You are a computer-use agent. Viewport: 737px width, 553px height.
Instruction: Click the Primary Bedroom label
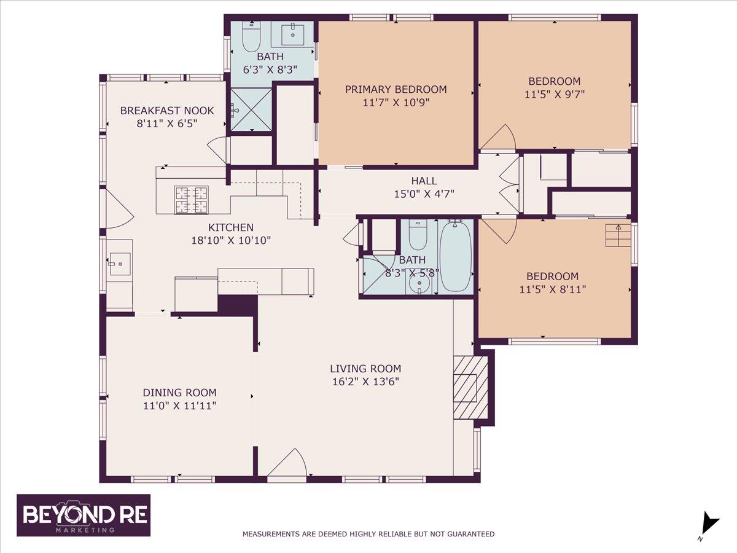(x=396, y=89)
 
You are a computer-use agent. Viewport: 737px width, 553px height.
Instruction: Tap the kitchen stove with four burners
(x=191, y=200)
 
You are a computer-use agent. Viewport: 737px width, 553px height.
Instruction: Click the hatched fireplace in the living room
(x=470, y=388)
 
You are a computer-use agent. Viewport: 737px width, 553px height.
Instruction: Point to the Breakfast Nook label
(x=167, y=111)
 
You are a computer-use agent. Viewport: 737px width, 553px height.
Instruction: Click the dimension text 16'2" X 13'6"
(x=365, y=382)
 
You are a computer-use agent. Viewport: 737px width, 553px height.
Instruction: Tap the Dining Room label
(x=179, y=392)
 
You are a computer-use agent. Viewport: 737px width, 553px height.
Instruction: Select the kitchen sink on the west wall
(x=120, y=264)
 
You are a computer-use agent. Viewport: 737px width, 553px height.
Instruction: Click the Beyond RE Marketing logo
(x=84, y=515)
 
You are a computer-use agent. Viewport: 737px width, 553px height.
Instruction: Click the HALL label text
(x=424, y=181)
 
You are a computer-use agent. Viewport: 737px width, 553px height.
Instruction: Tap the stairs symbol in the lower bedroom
(x=618, y=235)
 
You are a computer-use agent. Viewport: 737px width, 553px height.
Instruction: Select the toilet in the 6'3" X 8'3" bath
(x=251, y=37)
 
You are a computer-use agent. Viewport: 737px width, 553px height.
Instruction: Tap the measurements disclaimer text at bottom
(x=368, y=533)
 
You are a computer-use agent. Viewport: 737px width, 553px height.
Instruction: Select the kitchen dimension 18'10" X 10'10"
(x=231, y=240)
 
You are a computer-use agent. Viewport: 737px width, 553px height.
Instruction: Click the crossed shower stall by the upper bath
(x=251, y=110)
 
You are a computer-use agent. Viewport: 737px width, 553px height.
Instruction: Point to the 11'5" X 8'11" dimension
(x=552, y=289)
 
